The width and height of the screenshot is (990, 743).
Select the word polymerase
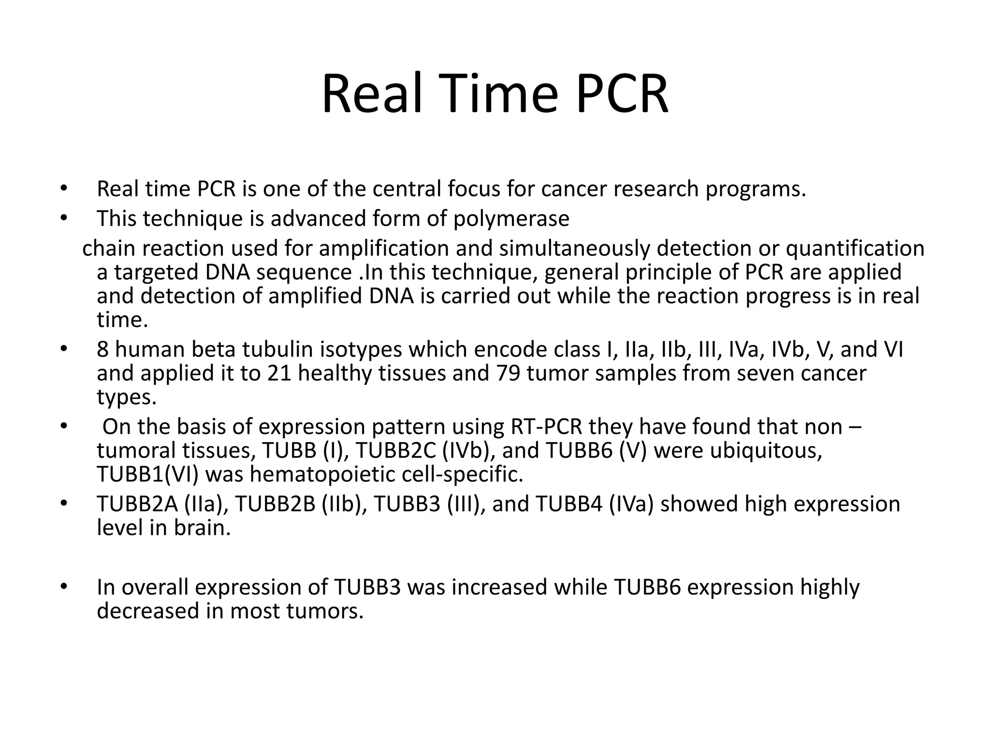(x=511, y=219)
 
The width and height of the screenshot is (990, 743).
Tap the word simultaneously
(x=574, y=249)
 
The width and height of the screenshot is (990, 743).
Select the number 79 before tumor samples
(x=508, y=373)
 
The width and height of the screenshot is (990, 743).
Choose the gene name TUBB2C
(x=395, y=451)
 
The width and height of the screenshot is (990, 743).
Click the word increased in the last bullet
(x=499, y=587)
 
